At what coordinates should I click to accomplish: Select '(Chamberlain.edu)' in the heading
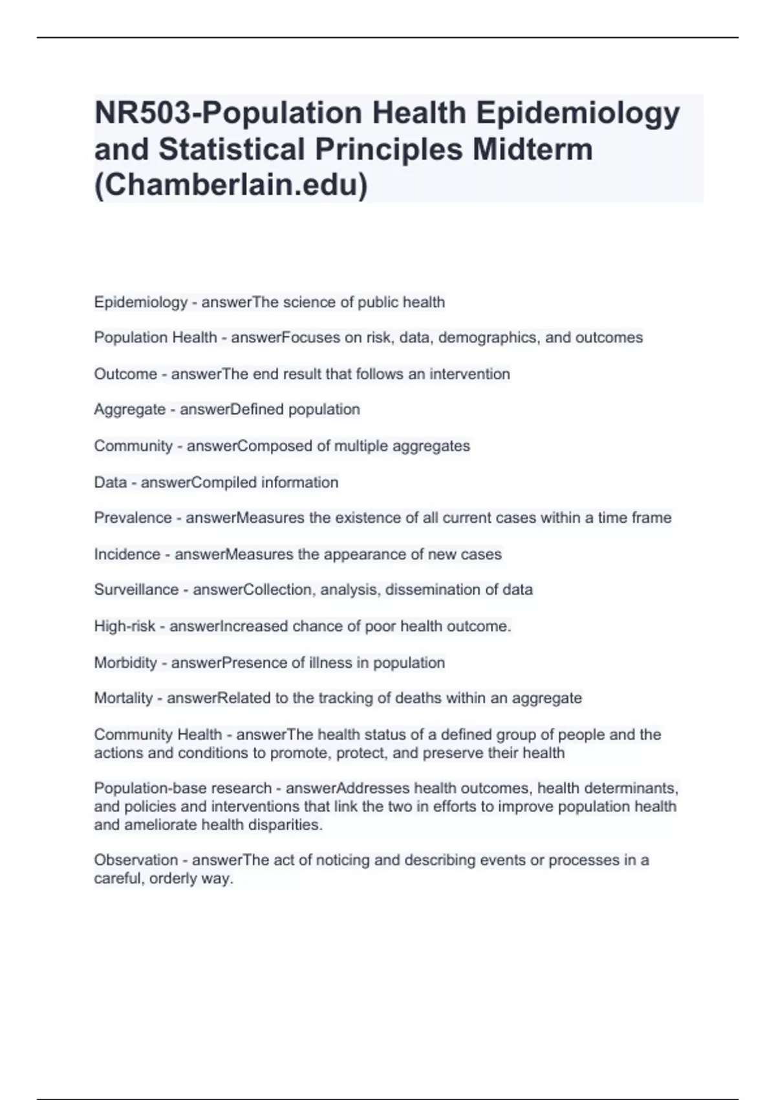[231, 186]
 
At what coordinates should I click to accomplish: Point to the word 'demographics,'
[490, 338]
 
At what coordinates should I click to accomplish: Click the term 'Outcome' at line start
[125, 374]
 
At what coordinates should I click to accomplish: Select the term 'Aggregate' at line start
[129, 410]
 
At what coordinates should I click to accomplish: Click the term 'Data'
[110, 482]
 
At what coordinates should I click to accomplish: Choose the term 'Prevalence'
[133, 518]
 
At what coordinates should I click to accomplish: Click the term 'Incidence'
[127, 554]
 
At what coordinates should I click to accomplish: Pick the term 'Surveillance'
[136, 589]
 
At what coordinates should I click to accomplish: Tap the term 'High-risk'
[125, 626]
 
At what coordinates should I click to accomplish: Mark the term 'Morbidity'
[125, 663]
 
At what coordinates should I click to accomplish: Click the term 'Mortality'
[124, 698]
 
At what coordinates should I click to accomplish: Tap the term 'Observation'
[136, 860]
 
